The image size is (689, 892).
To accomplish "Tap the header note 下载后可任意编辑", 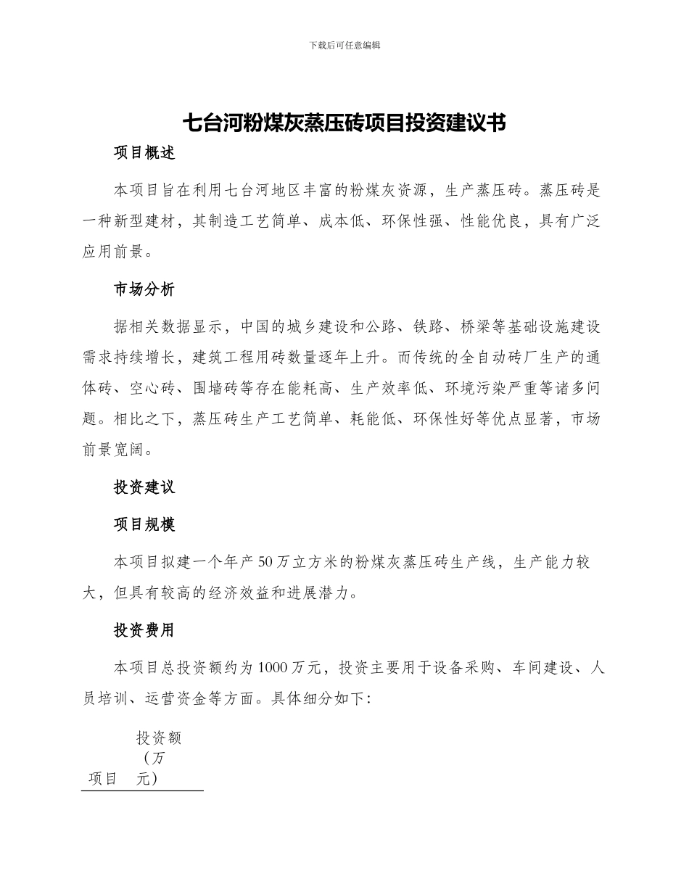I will [x=344, y=45].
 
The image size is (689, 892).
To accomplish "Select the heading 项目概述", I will [x=144, y=153].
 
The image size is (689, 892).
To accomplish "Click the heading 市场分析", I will [x=144, y=289].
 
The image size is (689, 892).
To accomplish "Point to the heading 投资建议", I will [x=144, y=487].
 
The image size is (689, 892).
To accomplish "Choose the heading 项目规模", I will [x=144, y=524].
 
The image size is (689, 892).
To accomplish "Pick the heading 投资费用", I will [x=144, y=630].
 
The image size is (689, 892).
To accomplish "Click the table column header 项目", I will [x=103, y=779].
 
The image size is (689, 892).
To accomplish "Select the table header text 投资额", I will [x=159, y=738].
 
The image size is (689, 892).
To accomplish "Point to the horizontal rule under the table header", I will [x=142, y=790].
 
